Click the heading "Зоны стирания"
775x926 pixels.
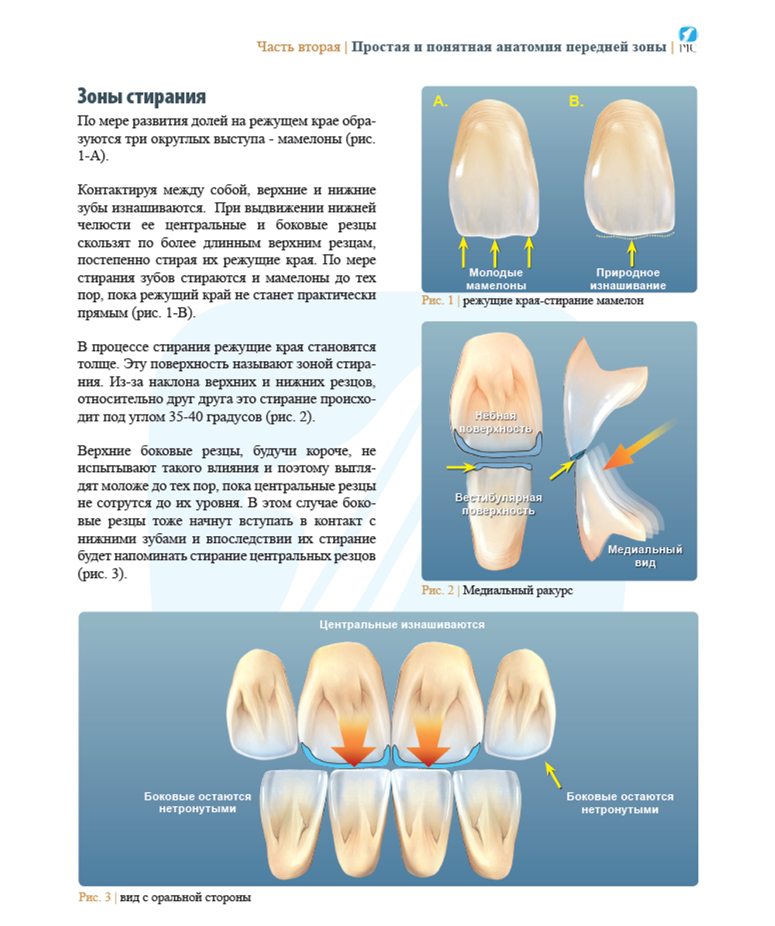pos(142,96)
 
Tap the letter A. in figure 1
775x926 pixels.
pos(441,102)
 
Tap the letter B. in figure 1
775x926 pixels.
pos(576,102)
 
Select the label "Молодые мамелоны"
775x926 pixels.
pos(496,279)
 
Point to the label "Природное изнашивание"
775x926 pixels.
pos(628,279)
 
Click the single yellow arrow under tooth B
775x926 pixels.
pos(632,252)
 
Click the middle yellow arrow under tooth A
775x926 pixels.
pos(495,252)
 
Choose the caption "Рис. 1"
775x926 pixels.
pos(437,301)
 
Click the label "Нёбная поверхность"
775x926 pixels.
pos(495,422)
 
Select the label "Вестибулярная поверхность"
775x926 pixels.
pos(498,504)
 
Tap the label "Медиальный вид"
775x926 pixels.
pos(645,556)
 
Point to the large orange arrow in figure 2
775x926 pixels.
pos(639,444)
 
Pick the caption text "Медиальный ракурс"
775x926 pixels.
pos(518,590)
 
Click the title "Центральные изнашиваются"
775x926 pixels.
pos(401,625)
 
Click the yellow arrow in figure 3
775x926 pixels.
pos(553,775)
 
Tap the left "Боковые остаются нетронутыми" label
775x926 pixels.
pos(198,803)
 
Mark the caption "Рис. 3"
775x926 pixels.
pos(95,897)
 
